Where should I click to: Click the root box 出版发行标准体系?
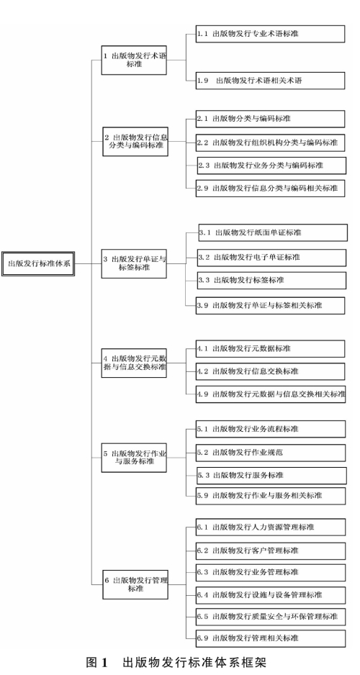[x=38, y=263]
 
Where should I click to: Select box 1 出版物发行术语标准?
[x=134, y=60]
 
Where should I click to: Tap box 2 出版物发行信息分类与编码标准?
[x=135, y=141]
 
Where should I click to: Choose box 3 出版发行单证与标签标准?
[x=134, y=263]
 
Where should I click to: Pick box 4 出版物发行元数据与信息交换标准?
[x=134, y=363]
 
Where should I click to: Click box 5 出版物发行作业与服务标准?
[x=134, y=458]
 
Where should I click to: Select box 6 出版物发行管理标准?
[x=135, y=584]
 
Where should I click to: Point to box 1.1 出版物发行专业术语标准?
[x=271, y=34]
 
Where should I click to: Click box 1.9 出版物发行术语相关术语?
[x=271, y=81]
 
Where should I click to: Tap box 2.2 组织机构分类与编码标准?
[x=271, y=142]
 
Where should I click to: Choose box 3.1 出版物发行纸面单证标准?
[x=273, y=232]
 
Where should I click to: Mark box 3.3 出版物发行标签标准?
[x=271, y=280]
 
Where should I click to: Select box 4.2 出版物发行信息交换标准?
[x=271, y=371]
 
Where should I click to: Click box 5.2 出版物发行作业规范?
[x=271, y=453]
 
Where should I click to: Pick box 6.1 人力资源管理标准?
[x=271, y=527]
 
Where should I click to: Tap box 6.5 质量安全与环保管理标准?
[x=271, y=616]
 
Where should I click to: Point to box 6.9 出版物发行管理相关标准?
[x=271, y=638]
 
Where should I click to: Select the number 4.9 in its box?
[x=203, y=394]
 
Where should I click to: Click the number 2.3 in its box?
[x=204, y=166]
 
